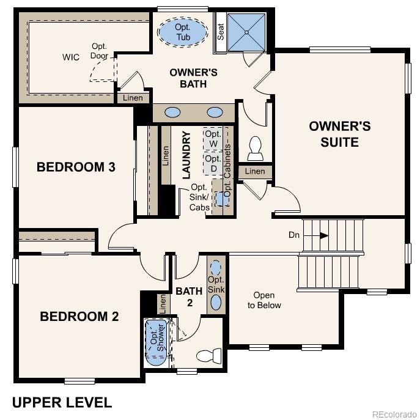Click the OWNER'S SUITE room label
[339, 134]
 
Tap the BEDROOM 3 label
[76, 167]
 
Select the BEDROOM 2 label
[79, 317]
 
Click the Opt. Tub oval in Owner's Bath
[183, 32]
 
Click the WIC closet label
[71, 57]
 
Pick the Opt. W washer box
[213, 139]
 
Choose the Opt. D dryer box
[213, 163]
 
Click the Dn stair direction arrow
[323, 235]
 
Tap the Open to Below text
[264, 300]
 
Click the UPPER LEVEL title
[62, 402]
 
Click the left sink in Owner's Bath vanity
[173, 112]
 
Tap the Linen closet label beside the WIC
[133, 98]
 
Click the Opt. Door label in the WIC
[100, 51]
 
